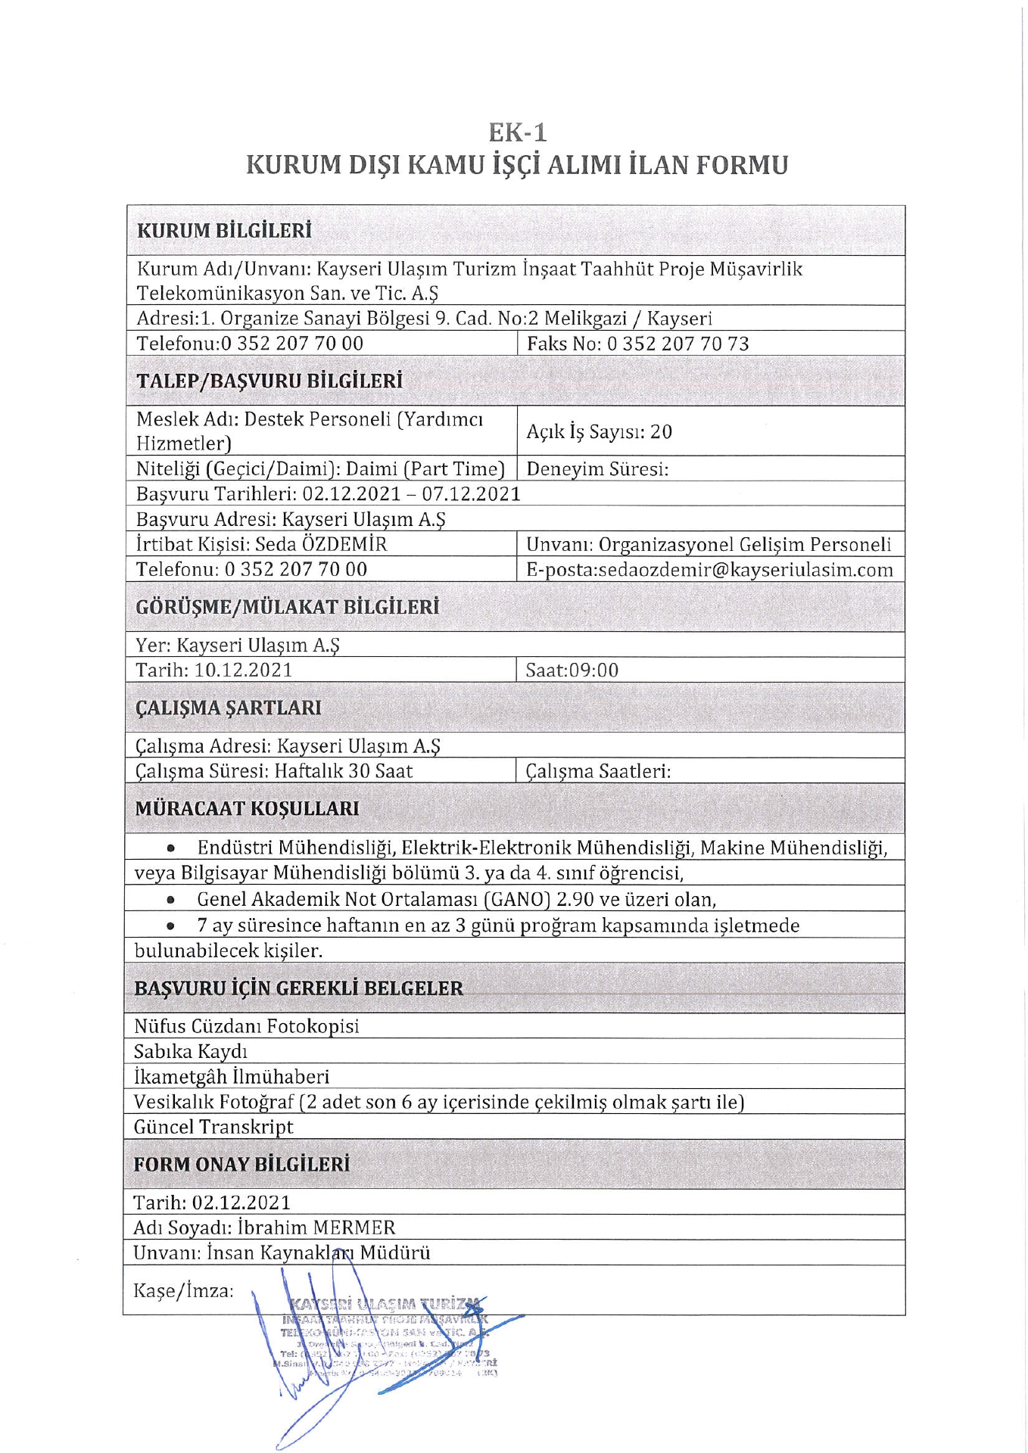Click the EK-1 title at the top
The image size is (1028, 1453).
[517, 132]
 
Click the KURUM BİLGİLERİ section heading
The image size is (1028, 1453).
[224, 231]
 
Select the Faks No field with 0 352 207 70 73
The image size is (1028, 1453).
[637, 344]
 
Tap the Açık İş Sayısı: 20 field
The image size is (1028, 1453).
[599, 432]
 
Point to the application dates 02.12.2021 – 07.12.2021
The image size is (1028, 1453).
[411, 494]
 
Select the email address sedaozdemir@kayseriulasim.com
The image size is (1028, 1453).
[746, 570]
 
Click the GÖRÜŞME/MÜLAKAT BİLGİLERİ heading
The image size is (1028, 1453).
[287, 607]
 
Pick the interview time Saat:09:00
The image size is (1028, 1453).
[572, 670]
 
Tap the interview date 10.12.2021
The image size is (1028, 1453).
[243, 670]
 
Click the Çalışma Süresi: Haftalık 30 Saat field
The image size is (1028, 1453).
[274, 771]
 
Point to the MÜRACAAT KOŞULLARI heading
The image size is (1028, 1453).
[247, 808]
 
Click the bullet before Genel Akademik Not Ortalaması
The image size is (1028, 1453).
[172, 901]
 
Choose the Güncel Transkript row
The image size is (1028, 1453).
[213, 1127]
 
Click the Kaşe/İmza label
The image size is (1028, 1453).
[184, 1291]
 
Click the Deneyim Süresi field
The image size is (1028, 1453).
[597, 469]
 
